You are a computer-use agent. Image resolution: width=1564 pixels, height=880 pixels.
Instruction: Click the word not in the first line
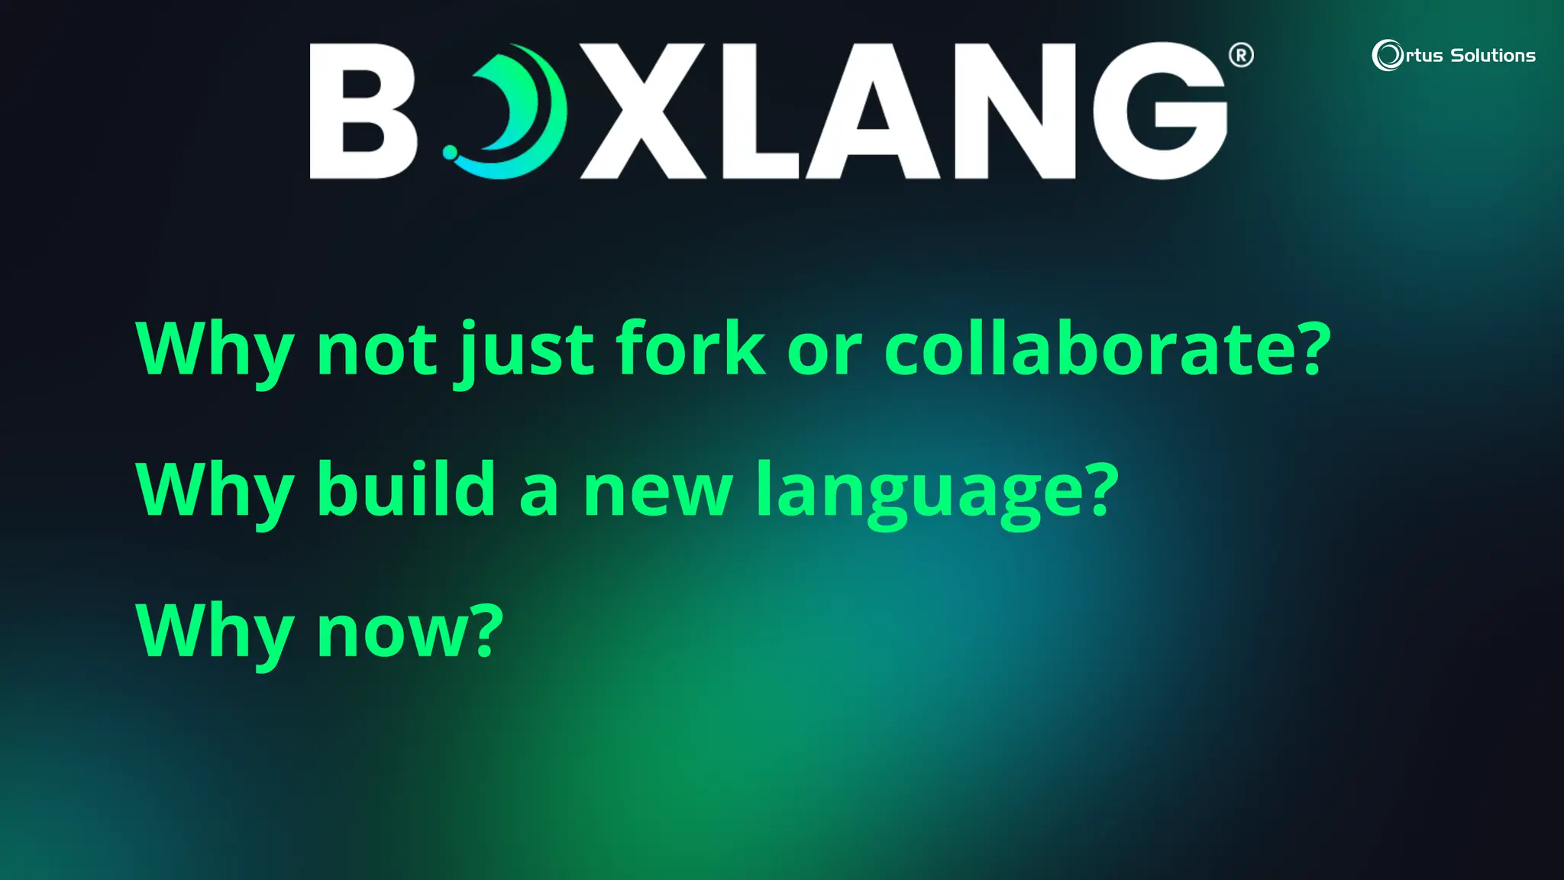point(376,350)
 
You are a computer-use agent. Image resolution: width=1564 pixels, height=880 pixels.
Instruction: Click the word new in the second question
point(658,493)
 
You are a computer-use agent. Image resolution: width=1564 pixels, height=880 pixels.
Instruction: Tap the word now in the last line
point(394,632)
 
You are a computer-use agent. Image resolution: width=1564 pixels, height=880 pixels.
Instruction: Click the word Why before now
point(215,632)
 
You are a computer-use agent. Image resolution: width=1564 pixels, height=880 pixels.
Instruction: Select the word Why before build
point(215,490)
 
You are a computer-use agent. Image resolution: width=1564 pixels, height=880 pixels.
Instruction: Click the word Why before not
point(215,350)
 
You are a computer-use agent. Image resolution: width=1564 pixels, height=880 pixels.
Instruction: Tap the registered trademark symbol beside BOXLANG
point(1241,55)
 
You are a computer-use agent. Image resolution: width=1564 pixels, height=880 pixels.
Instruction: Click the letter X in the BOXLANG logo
point(643,112)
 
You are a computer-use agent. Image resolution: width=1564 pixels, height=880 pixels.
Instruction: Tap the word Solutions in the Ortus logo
point(1493,56)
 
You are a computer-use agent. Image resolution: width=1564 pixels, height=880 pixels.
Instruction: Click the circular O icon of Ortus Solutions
point(1388,55)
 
